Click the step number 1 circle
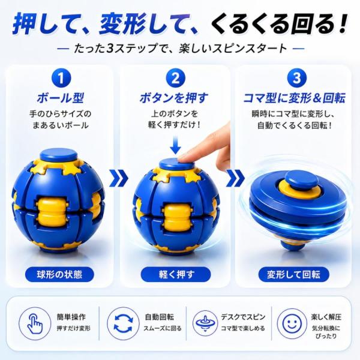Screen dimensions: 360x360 coord(61,78)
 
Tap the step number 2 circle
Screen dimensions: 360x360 coord(175,78)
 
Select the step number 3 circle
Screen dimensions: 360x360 coord(296,78)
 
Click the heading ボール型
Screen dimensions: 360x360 coord(61,98)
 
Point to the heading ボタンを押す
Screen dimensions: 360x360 coord(174,98)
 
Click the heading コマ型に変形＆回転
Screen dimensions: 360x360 coord(294,98)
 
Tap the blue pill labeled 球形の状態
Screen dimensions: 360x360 coord(59,274)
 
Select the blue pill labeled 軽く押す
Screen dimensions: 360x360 coord(176,274)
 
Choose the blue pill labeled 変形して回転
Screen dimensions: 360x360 coord(294,274)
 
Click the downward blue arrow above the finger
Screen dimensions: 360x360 coord(176,145)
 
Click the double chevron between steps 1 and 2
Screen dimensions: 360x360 coord(118,178)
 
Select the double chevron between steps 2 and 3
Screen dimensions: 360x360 coord(235,178)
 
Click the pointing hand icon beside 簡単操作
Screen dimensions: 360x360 coord(35,324)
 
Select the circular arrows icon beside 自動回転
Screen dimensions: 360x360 coord(123,324)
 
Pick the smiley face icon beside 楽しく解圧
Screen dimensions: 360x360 coord(292,324)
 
